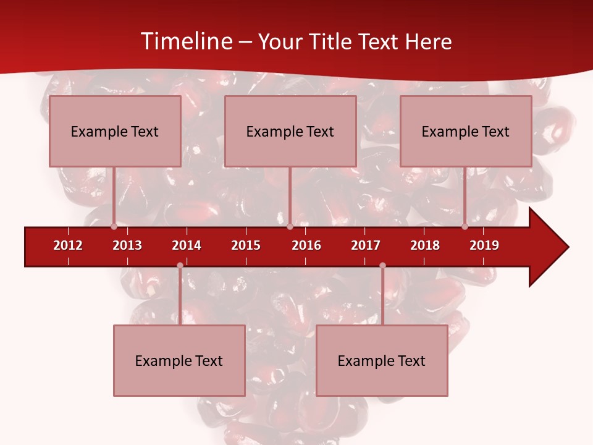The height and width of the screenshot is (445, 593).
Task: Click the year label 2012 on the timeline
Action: click(x=68, y=245)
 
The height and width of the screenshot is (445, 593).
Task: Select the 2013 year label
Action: click(x=127, y=245)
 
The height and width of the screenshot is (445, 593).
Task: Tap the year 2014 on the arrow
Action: click(x=187, y=245)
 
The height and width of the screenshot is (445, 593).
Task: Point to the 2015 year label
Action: click(x=246, y=245)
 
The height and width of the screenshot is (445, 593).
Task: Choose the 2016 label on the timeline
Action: click(x=306, y=245)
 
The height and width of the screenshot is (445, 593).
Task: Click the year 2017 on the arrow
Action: click(x=366, y=245)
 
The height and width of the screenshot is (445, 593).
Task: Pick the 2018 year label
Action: click(x=425, y=245)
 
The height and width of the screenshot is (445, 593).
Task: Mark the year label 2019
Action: click(x=484, y=245)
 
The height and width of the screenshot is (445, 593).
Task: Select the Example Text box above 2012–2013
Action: click(x=115, y=131)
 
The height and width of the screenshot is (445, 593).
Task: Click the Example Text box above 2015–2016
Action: click(x=290, y=131)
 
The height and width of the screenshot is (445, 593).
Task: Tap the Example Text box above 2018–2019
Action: click(x=466, y=131)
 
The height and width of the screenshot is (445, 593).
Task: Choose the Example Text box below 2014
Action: click(x=179, y=360)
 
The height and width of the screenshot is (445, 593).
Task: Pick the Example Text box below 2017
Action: click(x=382, y=360)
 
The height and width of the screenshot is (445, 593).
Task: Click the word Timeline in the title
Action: click(x=185, y=41)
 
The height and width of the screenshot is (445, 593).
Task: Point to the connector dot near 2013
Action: click(x=114, y=227)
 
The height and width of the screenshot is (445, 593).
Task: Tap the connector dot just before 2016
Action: click(x=290, y=227)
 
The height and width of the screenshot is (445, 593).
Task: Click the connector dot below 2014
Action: click(x=180, y=266)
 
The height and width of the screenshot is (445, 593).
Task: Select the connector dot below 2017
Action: click(x=382, y=266)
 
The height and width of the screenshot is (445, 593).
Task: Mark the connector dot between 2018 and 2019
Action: click(x=465, y=227)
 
